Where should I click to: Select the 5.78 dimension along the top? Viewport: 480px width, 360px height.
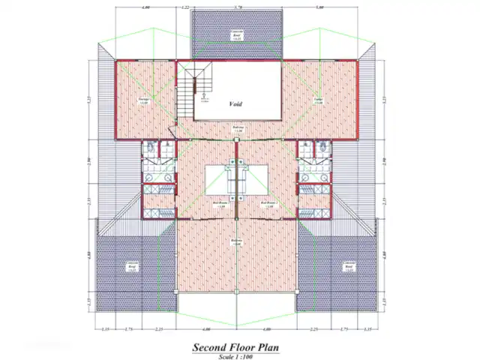[238, 7]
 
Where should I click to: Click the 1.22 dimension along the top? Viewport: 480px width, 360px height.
[184, 7]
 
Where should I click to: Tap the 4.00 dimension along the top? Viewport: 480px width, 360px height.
[145, 7]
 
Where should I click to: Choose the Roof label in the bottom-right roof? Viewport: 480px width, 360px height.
[349, 265]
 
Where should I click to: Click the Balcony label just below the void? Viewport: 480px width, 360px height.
[237, 129]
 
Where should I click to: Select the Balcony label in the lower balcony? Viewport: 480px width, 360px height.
[237, 241]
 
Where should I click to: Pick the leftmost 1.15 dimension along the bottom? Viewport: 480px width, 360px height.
[106, 329]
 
